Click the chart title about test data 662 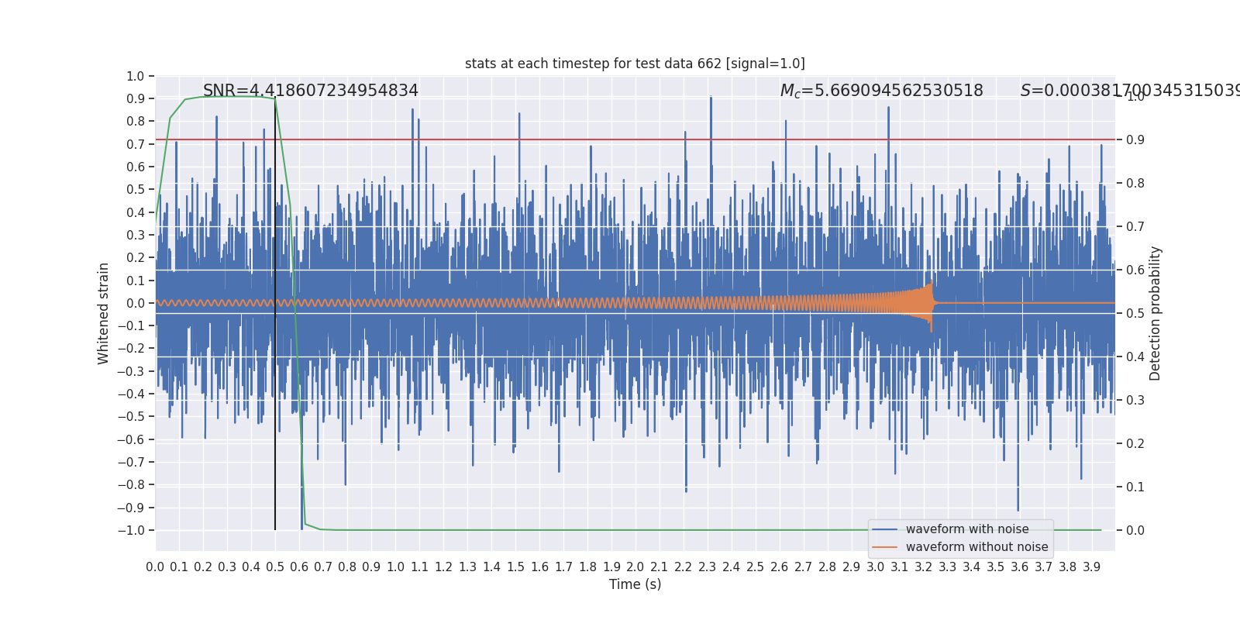(x=635, y=64)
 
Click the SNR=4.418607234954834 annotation (x=310, y=91)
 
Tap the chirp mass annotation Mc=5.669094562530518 (x=881, y=91)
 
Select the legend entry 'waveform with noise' (x=966, y=529)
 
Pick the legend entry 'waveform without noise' (x=976, y=547)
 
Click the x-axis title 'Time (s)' (x=635, y=584)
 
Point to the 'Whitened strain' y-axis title (x=104, y=313)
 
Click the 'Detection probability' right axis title (x=1156, y=313)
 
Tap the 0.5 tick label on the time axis (x=275, y=567)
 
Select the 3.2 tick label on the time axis (x=923, y=567)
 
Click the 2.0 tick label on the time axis (x=635, y=567)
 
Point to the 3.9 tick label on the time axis (x=1091, y=567)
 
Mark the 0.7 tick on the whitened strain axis (x=136, y=144)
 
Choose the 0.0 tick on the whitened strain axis (x=136, y=303)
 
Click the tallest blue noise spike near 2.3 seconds (x=711, y=98)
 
